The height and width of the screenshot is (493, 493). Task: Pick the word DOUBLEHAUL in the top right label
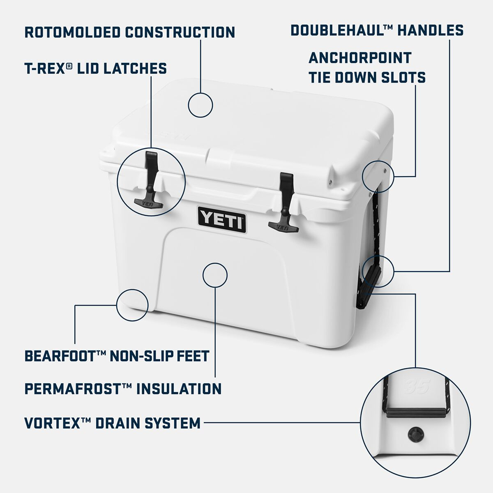339,30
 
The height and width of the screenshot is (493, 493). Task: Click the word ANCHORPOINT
359,58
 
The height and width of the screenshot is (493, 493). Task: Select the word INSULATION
179,388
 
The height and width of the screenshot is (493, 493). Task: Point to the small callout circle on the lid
200,105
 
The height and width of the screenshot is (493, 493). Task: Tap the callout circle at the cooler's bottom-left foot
132,304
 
